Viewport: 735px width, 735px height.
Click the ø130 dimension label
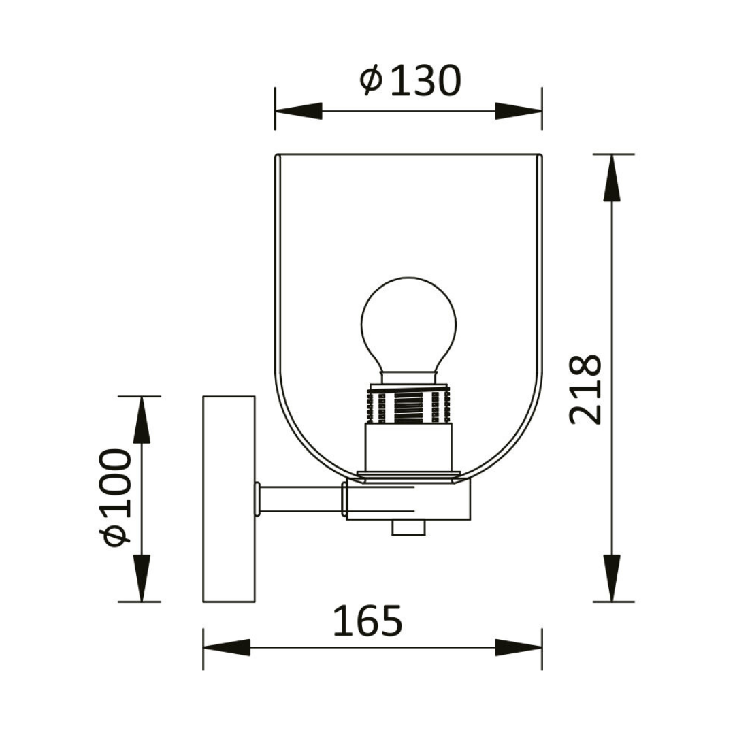click(410, 81)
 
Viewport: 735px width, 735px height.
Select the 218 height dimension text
click(586, 389)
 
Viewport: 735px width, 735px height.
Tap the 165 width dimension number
click(367, 621)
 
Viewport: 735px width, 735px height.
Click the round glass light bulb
click(408, 324)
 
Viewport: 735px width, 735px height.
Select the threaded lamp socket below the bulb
click(408, 405)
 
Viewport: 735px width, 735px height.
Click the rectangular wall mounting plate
click(229, 499)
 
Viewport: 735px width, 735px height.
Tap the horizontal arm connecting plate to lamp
click(299, 498)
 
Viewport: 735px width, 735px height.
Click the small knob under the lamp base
click(408, 528)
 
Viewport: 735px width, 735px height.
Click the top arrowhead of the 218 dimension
click(612, 178)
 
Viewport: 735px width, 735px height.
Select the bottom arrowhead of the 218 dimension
click(612, 578)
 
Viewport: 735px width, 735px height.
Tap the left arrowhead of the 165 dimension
click(227, 647)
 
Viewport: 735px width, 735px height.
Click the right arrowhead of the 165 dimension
click(519, 647)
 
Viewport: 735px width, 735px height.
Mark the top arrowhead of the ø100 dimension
click(141, 419)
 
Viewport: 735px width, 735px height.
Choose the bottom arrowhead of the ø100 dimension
click(141, 578)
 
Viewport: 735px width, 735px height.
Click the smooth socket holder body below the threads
click(408, 446)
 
